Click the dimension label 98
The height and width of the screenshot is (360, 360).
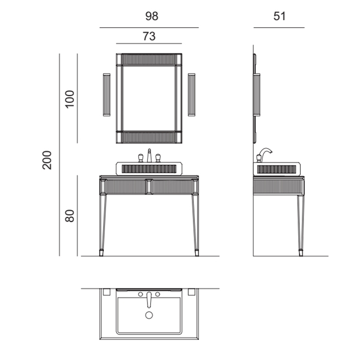point(152,16)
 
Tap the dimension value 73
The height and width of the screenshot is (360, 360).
point(149,37)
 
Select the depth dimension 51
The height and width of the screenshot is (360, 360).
point(279,16)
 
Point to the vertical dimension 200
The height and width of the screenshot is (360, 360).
point(47,160)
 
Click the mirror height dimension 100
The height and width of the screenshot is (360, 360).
point(70,99)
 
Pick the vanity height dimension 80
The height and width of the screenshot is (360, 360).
point(69,216)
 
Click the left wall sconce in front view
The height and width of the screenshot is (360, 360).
point(107,95)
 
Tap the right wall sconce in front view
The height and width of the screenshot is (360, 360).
point(191,95)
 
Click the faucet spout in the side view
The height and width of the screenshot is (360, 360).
point(266,151)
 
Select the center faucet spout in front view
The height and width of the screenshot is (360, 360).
point(149,155)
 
